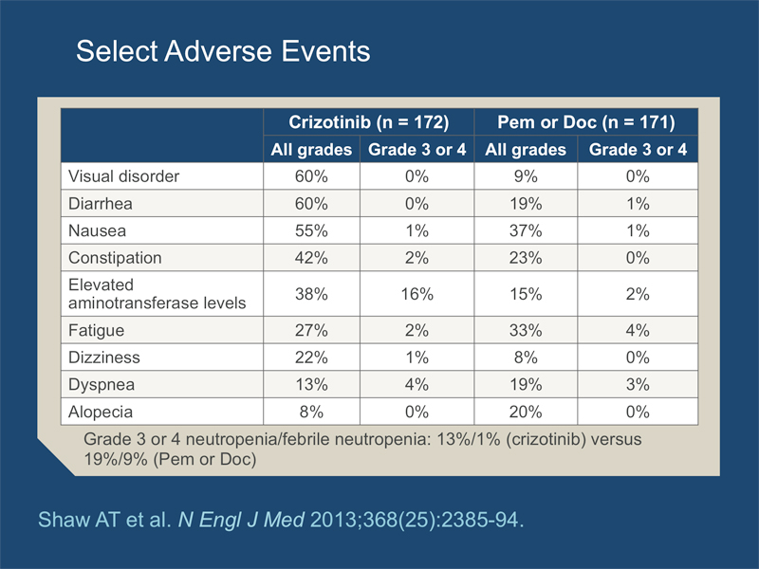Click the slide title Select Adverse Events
[223, 51]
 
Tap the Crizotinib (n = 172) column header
[369, 122]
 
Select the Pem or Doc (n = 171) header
[586, 122]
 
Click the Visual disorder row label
[123, 176]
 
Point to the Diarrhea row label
[101, 203]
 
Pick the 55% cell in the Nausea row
[311, 230]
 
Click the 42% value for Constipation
[311, 257]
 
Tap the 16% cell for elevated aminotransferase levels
[417, 294]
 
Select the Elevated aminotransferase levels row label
[157, 294]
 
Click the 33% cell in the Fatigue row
[526, 330]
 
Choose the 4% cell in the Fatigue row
[638, 330]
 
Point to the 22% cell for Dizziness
[311, 358]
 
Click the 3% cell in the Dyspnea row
[638, 384]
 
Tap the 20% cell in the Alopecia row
[526, 412]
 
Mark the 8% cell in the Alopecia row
[311, 412]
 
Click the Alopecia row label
[101, 412]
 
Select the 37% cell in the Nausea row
[526, 230]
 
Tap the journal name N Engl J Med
[241, 520]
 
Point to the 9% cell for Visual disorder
[526, 176]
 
